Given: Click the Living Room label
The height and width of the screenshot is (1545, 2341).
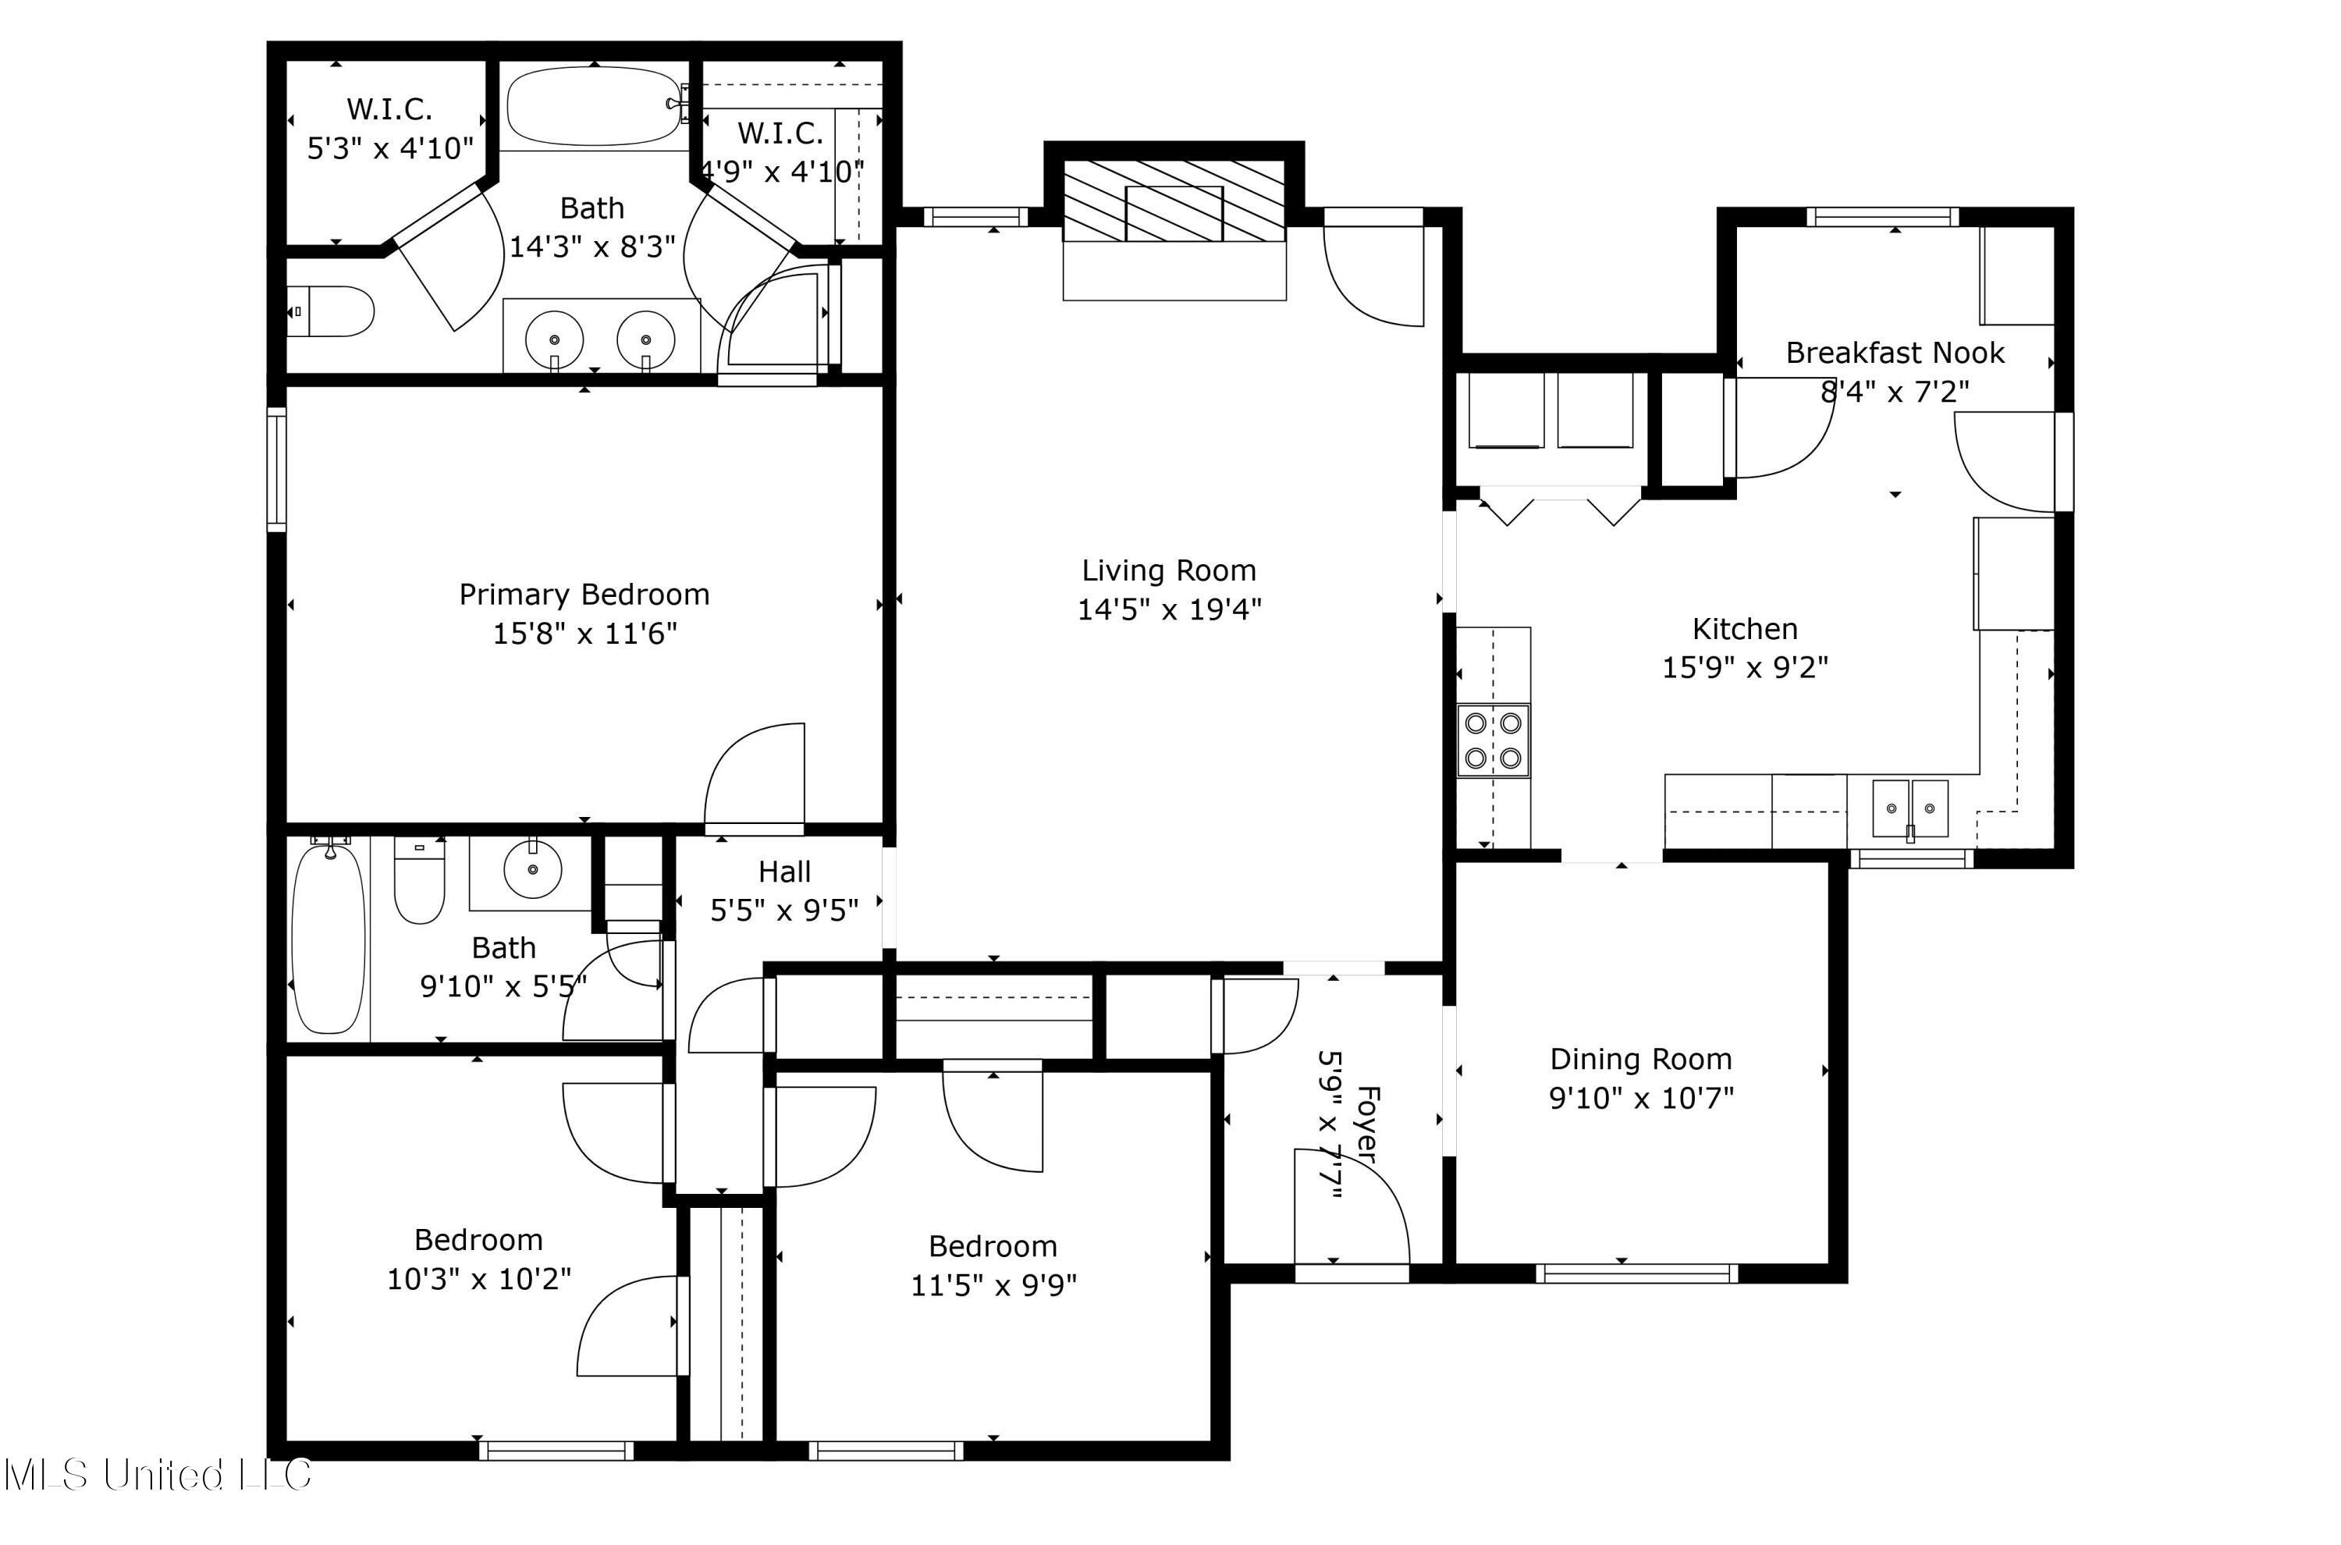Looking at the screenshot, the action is (1168, 570).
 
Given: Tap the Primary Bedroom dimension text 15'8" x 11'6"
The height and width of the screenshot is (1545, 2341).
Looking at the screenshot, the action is (585, 633).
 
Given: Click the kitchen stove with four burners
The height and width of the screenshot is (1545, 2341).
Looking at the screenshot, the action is (1494, 740).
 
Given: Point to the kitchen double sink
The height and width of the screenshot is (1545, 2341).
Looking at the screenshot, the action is (1910, 808).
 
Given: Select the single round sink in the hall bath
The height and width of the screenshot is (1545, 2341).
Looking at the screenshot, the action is (532, 869).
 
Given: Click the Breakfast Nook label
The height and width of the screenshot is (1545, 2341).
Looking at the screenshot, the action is (1895, 353).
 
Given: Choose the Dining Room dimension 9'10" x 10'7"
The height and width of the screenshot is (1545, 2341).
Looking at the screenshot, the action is (1642, 1098).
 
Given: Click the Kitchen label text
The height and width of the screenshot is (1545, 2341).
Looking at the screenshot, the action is (1745, 629).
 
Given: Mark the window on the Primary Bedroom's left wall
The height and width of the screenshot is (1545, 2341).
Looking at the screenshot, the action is (277, 469).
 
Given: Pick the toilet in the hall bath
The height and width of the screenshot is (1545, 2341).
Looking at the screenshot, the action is (420, 880).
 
